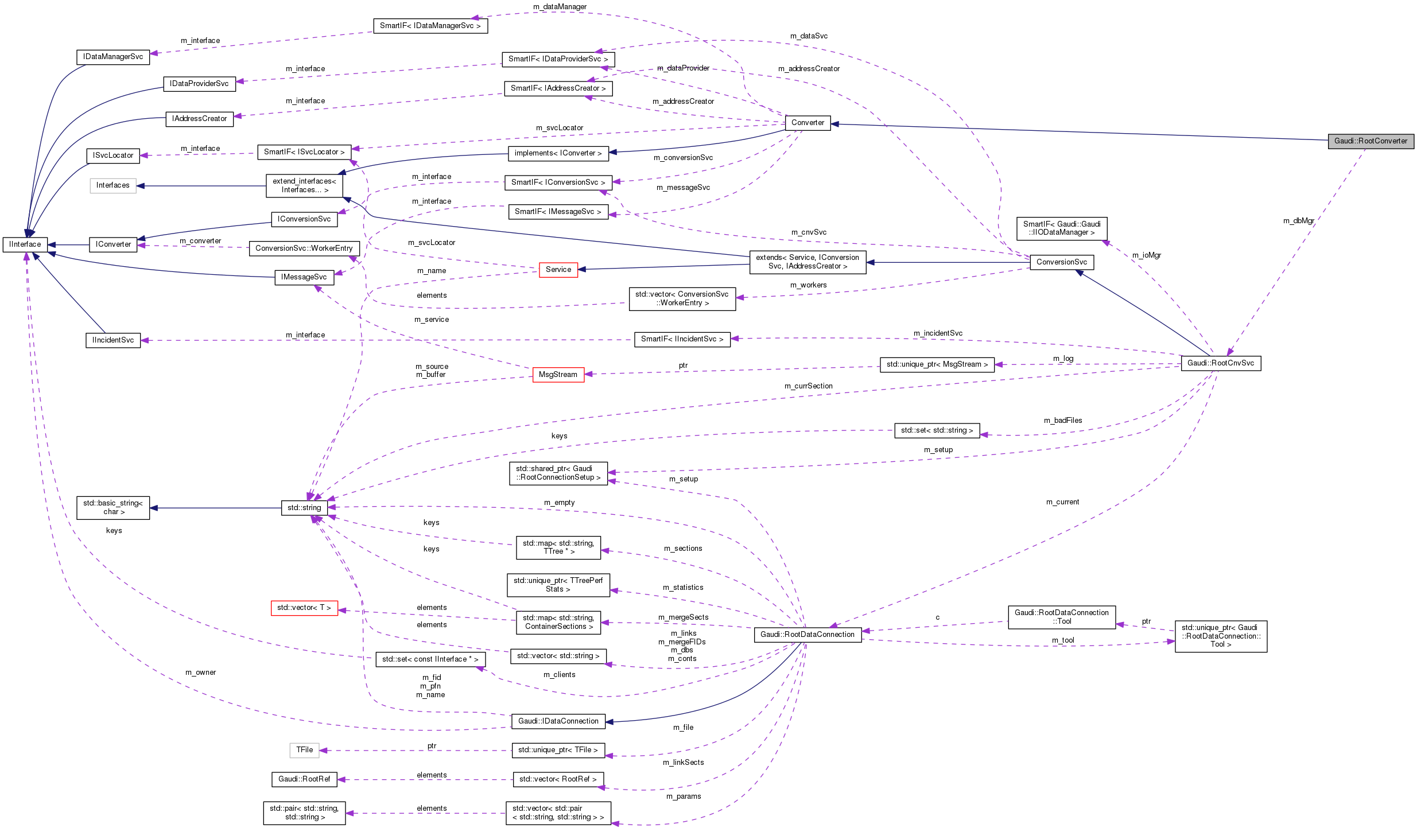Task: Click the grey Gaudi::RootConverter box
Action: [1370, 141]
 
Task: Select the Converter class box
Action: [807, 123]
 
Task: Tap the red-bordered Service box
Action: [558, 270]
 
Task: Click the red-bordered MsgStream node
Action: [558, 375]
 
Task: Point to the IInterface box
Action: [25, 244]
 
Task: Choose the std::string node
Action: [304, 508]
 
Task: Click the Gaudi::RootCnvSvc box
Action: [1220, 363]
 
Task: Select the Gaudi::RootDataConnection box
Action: [807, 635]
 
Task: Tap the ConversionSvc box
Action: [1061, 262]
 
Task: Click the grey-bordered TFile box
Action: [304, 750]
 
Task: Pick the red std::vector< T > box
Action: [304, 608]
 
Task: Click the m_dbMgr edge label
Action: [1298, 221]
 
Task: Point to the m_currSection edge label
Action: [808, 386]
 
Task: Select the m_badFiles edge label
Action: [1062, 421]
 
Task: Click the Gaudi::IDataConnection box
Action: [558, 721]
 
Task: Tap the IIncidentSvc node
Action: [113, 340]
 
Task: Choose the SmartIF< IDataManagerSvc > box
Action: [430, 26]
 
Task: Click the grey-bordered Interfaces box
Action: [112, 185]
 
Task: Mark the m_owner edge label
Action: [200, 672]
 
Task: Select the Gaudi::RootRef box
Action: [304, 779]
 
